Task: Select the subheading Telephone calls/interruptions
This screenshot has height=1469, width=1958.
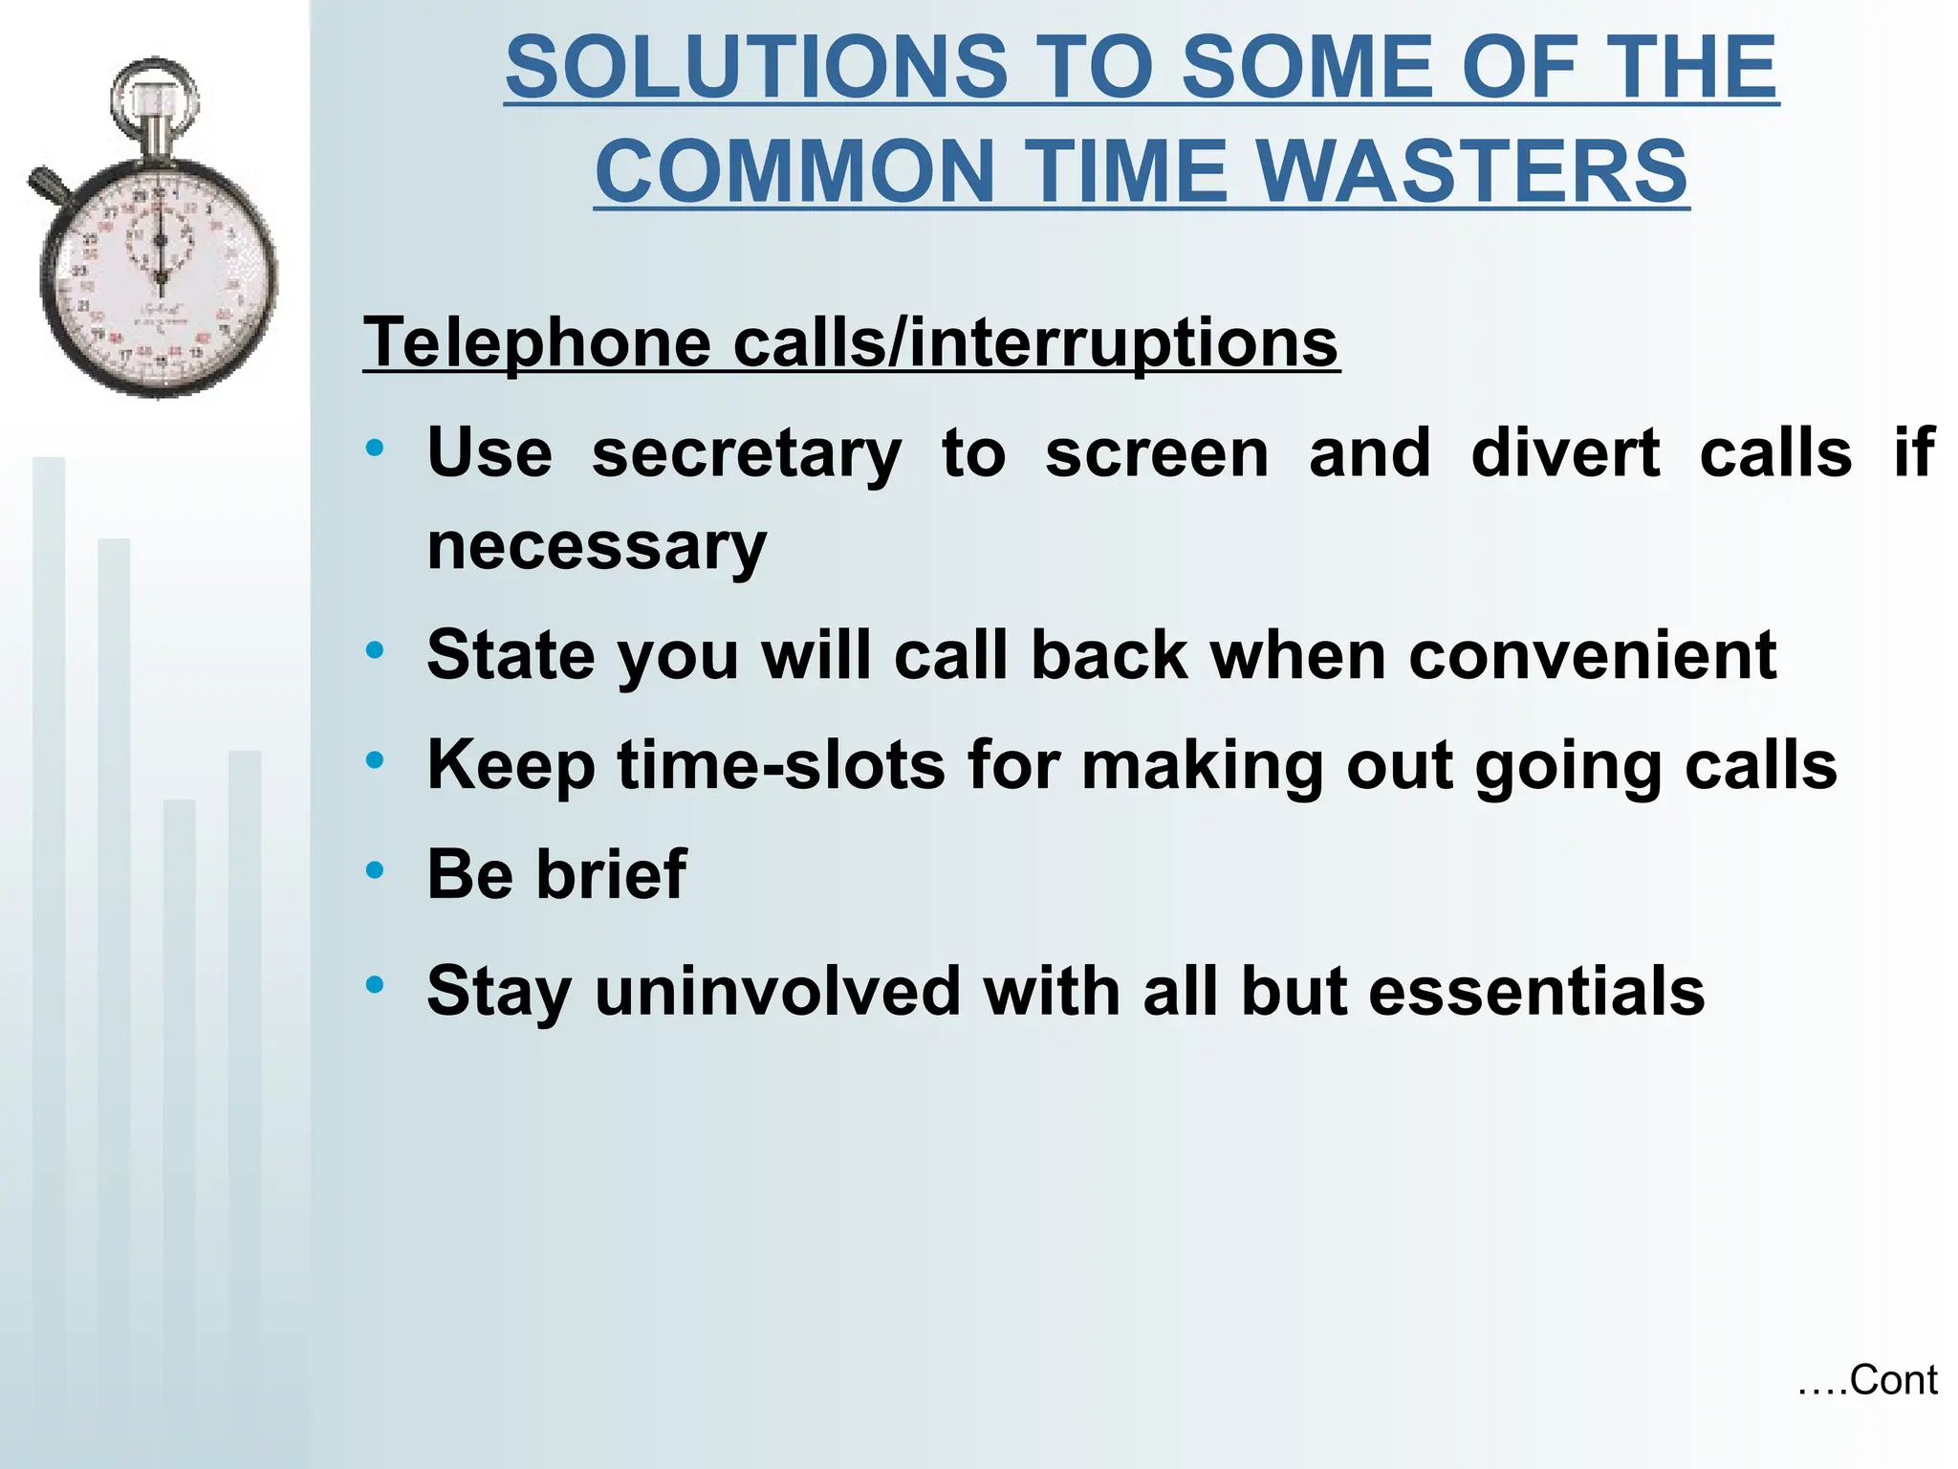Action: coord(851,342)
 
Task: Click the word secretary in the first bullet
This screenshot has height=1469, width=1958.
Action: coord(746,453)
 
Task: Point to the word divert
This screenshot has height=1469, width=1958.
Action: coord(1565,453)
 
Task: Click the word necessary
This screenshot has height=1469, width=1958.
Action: coord(597,547)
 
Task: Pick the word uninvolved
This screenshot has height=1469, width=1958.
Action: coord(777,992)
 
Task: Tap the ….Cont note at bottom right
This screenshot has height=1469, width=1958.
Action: coord(1866,1381)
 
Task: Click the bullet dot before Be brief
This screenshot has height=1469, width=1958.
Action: coord(375,870)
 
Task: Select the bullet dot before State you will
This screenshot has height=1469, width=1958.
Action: coord(375,651)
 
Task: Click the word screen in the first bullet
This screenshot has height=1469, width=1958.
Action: coord(1157,453)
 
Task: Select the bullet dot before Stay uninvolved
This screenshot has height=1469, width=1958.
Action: coord(375,984)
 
